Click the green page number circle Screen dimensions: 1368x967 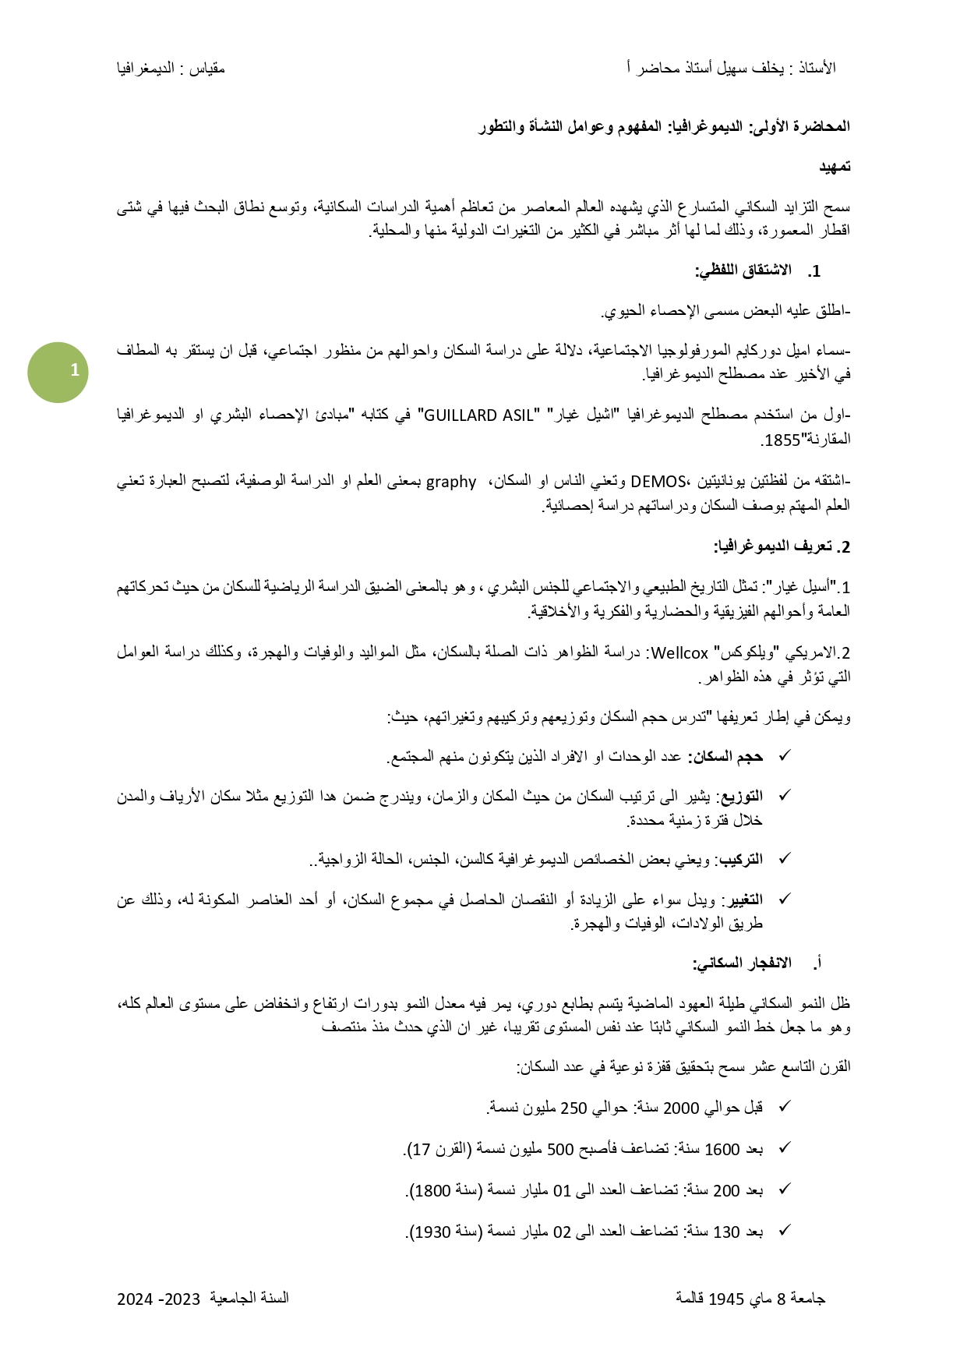tap(58, 372)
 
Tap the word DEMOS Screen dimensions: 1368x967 tap(658, 482)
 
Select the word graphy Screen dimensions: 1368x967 tap(450, 482)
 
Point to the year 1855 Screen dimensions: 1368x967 tap(782, 440)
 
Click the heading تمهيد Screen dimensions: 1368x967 tap(835, 167)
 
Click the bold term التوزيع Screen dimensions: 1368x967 tap(741, 796)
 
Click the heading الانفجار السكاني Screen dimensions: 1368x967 tap(742, 963)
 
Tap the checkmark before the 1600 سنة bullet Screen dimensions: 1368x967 tap(785, 1148)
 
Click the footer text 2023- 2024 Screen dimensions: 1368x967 tap(159, 1299)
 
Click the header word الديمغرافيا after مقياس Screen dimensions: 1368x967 tap(146, 69)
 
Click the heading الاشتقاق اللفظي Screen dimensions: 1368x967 tap(743, 271)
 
